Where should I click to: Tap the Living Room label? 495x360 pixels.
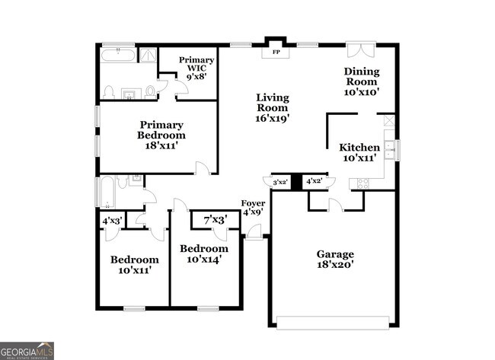pyautogui.click(x=273, y=107)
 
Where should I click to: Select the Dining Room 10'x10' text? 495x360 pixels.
pyautogui.click(x=362, y=81)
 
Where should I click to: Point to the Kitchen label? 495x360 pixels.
pyautogui.click(x=359, y=152)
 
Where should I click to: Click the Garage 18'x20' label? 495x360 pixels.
pyautogui.click(x=335, y=260)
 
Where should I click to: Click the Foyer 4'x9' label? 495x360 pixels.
pyautogui.click(x=253, y=208)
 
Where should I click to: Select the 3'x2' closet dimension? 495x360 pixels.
pyautogui.click(x=279, y=182)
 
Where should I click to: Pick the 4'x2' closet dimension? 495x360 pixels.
pyautogui.click(x=314, y=181)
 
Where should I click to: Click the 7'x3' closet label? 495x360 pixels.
pyautogui.click(x=215, y=221)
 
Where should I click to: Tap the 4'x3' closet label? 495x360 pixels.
pyautogui.click(x=112, y=221)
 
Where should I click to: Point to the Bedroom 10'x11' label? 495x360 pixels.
pyautogui.click(x=135, y=264)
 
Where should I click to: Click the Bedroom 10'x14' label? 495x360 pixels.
pyautogui.click(x=203, y=254)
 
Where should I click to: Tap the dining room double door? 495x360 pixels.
pyautogui.click(x=357, y=49)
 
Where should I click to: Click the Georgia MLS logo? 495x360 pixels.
pyautogui.click(x=27, y=350)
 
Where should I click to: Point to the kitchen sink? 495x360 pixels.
pyautogui.click(x=388, y=147)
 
